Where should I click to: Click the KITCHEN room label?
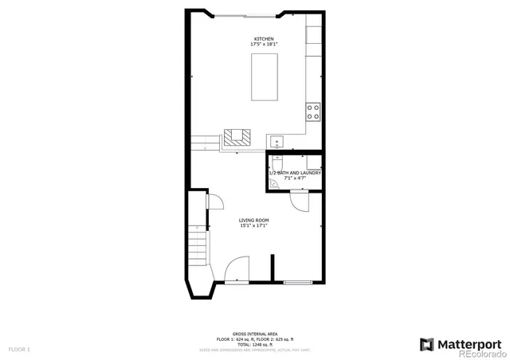click(264, 39)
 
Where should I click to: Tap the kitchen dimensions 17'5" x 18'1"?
click(264, 45)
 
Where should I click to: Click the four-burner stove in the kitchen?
click(313, 112)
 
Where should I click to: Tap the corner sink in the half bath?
click(273, 183)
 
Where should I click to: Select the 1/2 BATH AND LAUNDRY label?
click(295, 173)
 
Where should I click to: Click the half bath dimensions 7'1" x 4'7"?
click(295, 178)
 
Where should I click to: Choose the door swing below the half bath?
click(300, 202)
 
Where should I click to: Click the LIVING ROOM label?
click(253, 220)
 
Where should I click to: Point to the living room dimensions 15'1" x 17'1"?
click(253, 225)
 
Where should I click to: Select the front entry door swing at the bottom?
click(236, 271)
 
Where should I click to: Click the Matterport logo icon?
click(427, 344)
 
